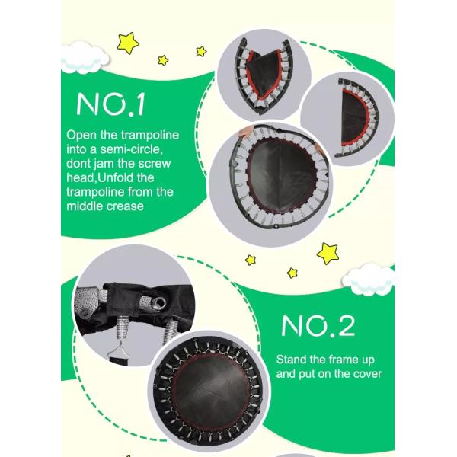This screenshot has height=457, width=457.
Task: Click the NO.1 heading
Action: [x=110, y=104]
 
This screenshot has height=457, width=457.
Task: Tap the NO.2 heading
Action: [x=318, y=325]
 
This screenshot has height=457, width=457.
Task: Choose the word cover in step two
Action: [x=366, y=374]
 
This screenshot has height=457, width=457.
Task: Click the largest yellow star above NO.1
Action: [x=128, y=43]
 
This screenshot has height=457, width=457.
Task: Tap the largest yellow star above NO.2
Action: [x=328, y=254]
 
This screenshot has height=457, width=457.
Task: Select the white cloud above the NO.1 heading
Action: [x=85, y=59]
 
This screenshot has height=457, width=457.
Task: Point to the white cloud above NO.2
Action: [x=369, y=279]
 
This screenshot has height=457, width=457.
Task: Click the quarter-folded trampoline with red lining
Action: [x=264, y=76]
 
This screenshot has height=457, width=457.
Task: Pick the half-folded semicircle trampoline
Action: [x=356, y=117]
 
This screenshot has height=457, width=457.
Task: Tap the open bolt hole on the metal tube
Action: [x=159, y=303]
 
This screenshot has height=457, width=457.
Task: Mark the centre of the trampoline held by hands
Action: [x=280, y=177]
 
